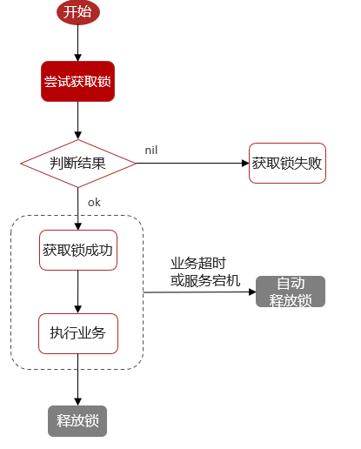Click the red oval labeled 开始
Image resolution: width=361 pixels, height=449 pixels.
tap(77, 12)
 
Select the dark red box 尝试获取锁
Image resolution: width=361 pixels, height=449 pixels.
tap(77, 82)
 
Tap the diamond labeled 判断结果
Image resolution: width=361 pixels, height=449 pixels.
tap(77, 163)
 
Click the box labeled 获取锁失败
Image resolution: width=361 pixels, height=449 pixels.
tap(287, 163)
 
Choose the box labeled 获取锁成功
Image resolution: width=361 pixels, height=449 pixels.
tap(77, 250)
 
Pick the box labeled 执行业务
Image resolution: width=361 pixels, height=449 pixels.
tap(77, 332)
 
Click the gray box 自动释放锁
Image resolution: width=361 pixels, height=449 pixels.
tap(291, 292)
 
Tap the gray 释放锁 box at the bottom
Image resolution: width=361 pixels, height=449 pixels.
tap(77, 420)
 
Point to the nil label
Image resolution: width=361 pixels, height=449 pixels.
tap(151, 151)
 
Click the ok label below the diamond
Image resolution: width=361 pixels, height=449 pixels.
tap(94, 202)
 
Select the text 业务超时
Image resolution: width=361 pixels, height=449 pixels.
tap(199, 263)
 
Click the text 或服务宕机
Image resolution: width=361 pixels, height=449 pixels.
tap(205, 279)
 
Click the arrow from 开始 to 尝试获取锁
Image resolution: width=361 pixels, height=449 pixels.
tap(77, 43)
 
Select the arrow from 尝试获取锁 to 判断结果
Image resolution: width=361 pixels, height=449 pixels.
tap(77, 121)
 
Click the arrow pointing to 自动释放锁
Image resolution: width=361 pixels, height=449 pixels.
tap(200, 292)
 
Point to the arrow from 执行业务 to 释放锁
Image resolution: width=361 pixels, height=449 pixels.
tap(77, 379)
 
